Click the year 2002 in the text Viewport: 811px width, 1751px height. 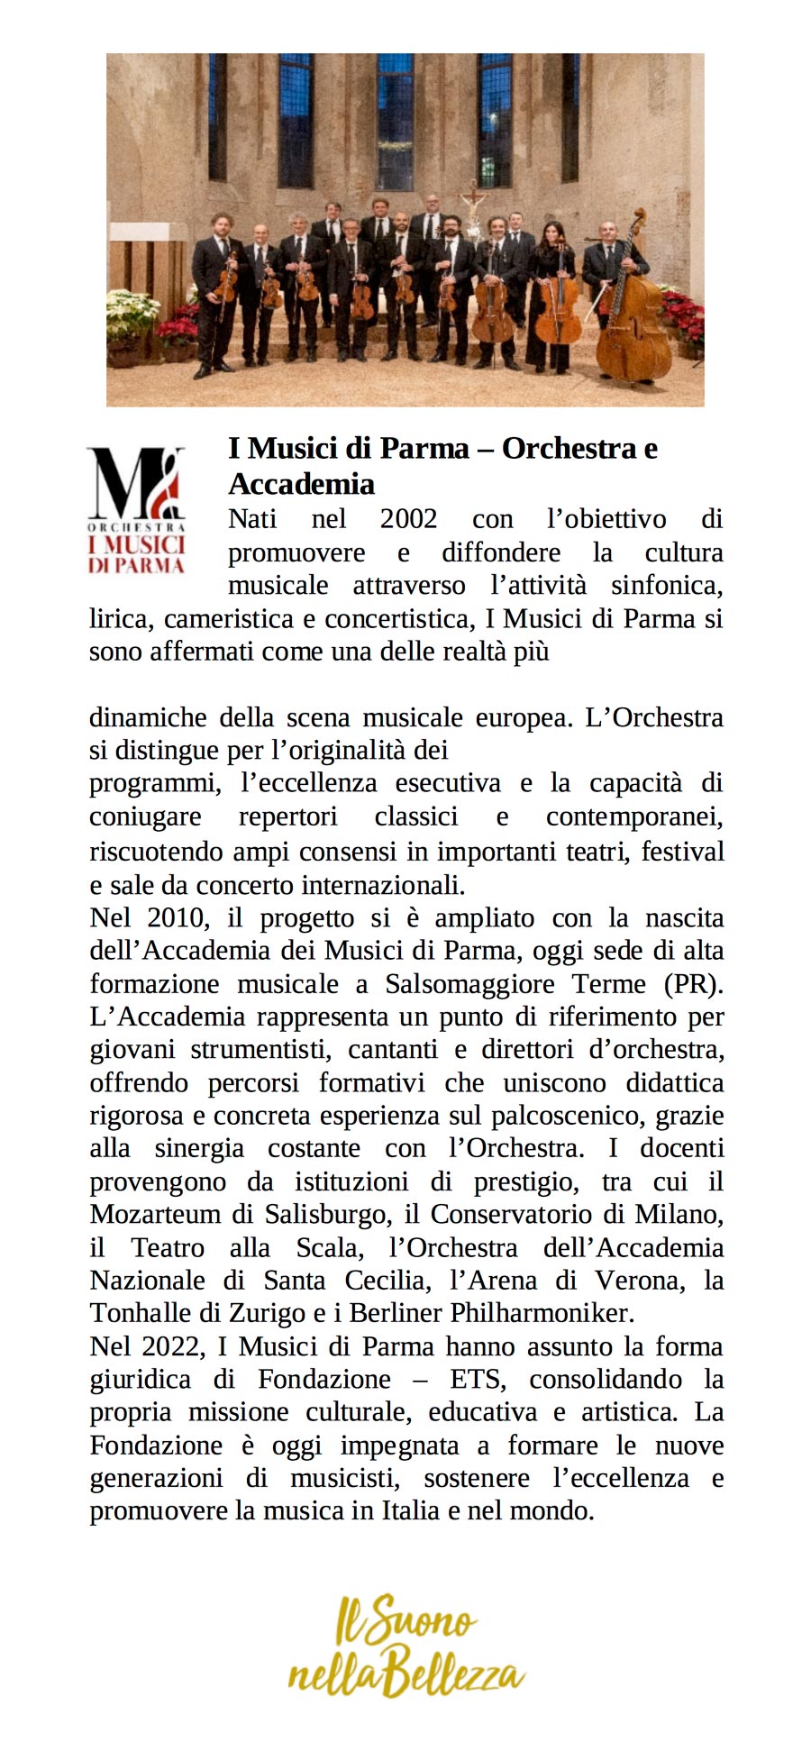[x=408, y=519]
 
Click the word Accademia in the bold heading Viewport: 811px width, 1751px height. [x=301, y=484]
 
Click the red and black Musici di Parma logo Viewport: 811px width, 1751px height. [x=136, y=511]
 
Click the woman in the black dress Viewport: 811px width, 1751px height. [x=551, y=288]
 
